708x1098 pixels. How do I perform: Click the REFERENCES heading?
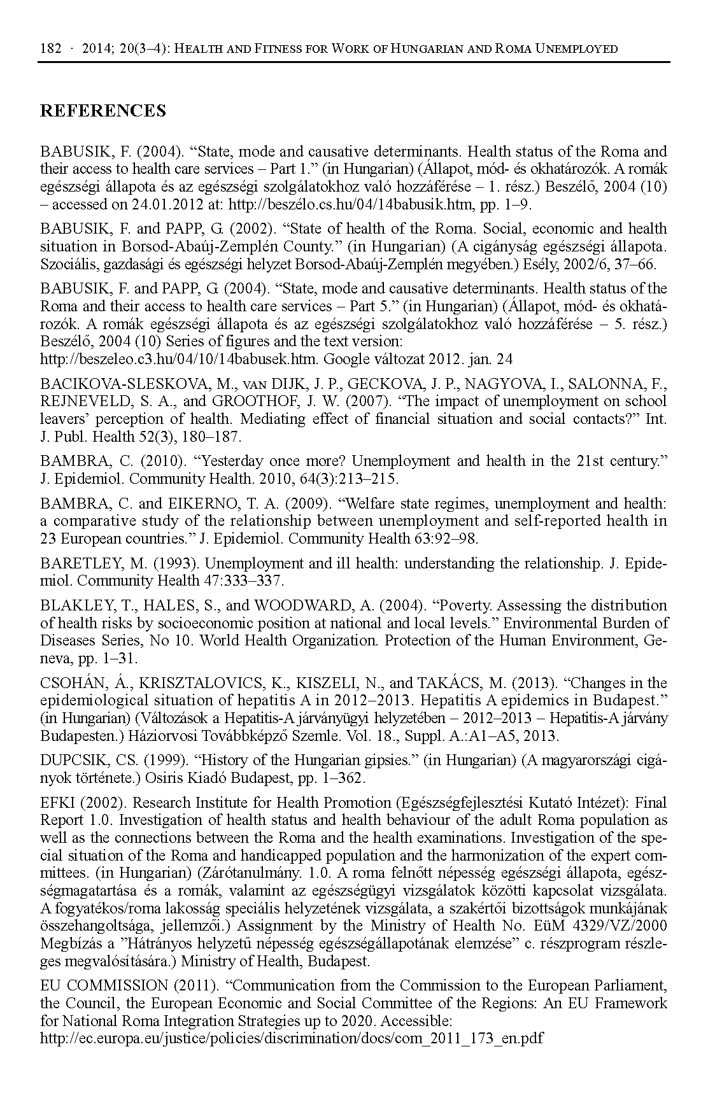coord(103,111)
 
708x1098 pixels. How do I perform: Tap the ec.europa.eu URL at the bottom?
coord(291,1038)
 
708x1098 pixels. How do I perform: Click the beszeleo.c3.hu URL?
coord(179,359)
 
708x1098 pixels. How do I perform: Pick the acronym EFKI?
coord(59,803)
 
